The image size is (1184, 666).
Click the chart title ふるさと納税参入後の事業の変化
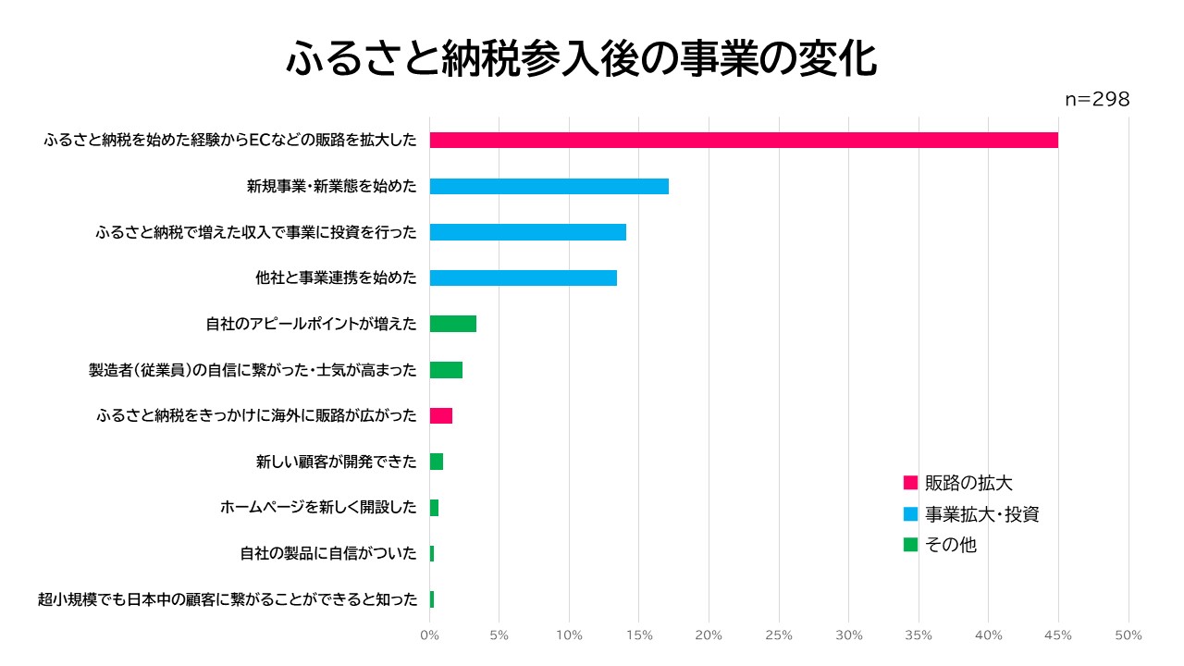581,60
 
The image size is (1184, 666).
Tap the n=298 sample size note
1097,100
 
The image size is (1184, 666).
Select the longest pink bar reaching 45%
744,141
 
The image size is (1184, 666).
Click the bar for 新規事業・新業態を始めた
549,186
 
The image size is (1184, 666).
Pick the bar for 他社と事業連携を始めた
523,277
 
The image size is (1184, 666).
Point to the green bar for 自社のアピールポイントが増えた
452,324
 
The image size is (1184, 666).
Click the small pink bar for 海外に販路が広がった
440,415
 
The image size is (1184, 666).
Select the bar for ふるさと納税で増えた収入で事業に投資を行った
527,232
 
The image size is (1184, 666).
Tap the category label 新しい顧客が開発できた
336,462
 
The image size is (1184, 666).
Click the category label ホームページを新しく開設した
318,507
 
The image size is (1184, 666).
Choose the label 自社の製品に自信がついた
327,553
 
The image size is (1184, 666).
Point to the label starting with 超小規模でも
228,599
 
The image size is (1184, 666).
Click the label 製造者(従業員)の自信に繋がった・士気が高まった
252,370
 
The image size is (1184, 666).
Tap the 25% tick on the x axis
779,635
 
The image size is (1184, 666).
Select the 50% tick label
1128,635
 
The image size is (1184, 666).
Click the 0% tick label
429,635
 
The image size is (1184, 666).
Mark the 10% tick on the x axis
569,635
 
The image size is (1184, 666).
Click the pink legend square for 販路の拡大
910,483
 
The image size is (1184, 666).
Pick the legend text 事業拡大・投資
982,514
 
